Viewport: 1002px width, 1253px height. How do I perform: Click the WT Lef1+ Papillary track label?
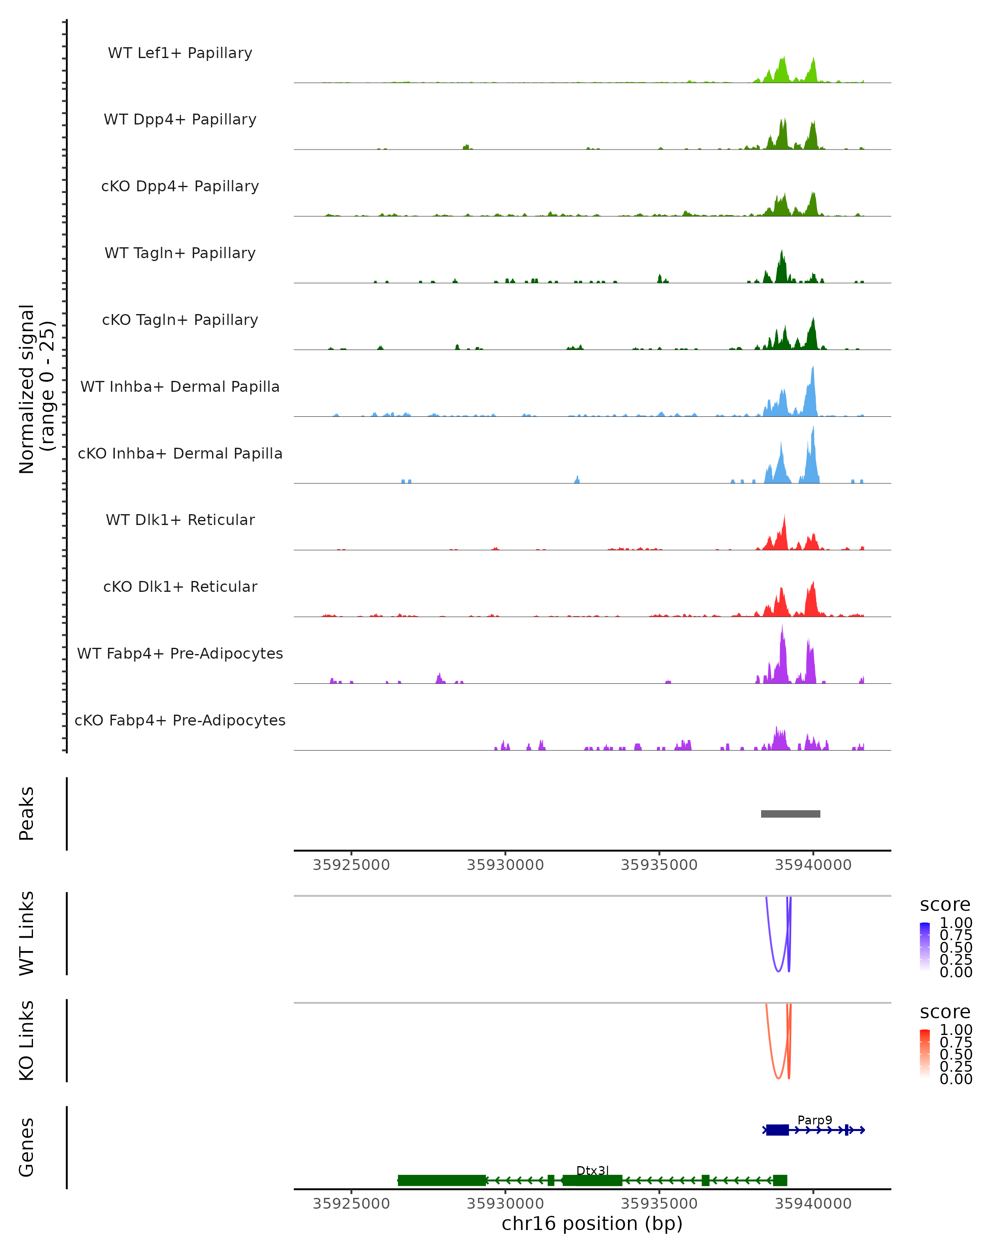point(180,53)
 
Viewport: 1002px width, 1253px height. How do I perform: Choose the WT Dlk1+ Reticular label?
point(180,520)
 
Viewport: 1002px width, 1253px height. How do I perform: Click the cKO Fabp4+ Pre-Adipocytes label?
point(180,720)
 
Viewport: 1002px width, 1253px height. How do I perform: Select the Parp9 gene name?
point(815,1120)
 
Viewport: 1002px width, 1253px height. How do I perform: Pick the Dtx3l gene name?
point(592,1170)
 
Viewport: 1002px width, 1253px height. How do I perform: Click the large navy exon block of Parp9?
point(777,1130)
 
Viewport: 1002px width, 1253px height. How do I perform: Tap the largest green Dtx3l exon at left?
point(441,1180)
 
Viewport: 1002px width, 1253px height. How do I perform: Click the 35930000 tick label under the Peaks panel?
point(505,865)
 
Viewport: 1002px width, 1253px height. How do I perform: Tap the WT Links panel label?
point(27,933)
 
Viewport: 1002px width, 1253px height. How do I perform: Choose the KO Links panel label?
point(27,1040)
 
